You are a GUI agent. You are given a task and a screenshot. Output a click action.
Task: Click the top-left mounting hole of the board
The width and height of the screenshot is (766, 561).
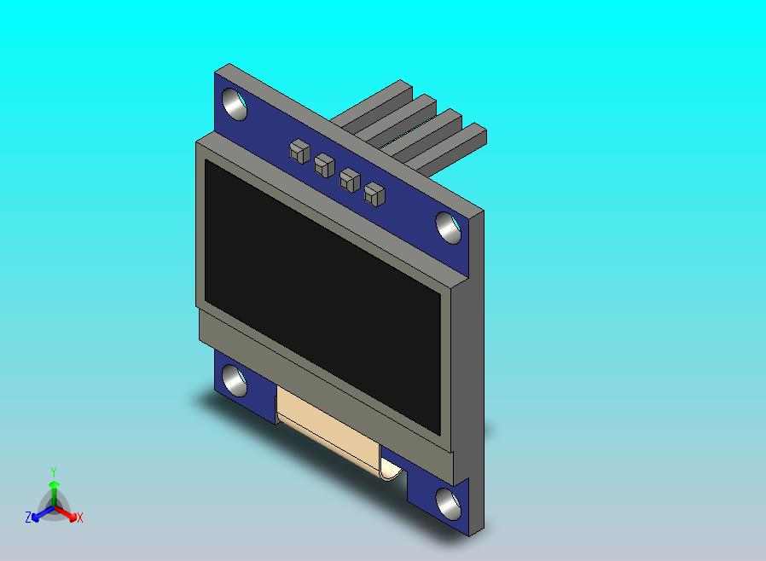coord(235,104)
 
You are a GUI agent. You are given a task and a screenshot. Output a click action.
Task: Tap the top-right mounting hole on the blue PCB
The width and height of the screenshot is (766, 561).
coord(448,227)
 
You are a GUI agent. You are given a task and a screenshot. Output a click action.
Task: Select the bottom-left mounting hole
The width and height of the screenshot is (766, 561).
coord(235,380)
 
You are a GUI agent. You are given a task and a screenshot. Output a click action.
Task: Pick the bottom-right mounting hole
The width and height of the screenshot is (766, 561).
coord(448,503)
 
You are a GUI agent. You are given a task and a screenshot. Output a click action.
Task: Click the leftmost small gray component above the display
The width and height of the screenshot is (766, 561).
coord(298,151)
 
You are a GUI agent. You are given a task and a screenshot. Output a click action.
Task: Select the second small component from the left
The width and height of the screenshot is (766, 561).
coord(323,164)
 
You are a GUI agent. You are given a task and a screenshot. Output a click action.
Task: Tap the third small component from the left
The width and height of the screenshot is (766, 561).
coord(349,179)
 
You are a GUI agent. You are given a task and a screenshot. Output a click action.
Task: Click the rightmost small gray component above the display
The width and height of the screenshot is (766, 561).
coord(374,194)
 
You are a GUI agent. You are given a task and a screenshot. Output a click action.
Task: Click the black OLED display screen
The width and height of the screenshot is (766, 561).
coord(322,298)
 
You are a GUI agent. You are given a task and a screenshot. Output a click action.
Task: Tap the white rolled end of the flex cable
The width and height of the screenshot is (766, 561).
coord(391,470)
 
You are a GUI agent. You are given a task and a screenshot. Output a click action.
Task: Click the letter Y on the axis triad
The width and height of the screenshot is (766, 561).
coord(54,471)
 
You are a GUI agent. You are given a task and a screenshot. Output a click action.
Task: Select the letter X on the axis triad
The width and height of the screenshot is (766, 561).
coord(79,518)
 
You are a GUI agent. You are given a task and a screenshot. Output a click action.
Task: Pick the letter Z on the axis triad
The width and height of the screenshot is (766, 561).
coord(28,518)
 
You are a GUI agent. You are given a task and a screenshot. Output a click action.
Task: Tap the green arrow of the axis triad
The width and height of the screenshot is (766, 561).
coord(54,491)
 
